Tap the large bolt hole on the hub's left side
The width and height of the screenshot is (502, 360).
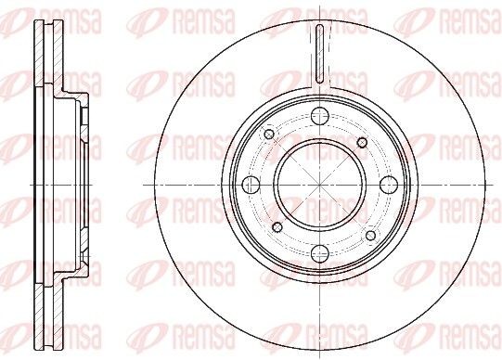coord(250,183)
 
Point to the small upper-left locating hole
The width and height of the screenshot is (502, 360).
coord(269,135)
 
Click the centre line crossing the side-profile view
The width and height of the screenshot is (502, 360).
coord(56,183)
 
